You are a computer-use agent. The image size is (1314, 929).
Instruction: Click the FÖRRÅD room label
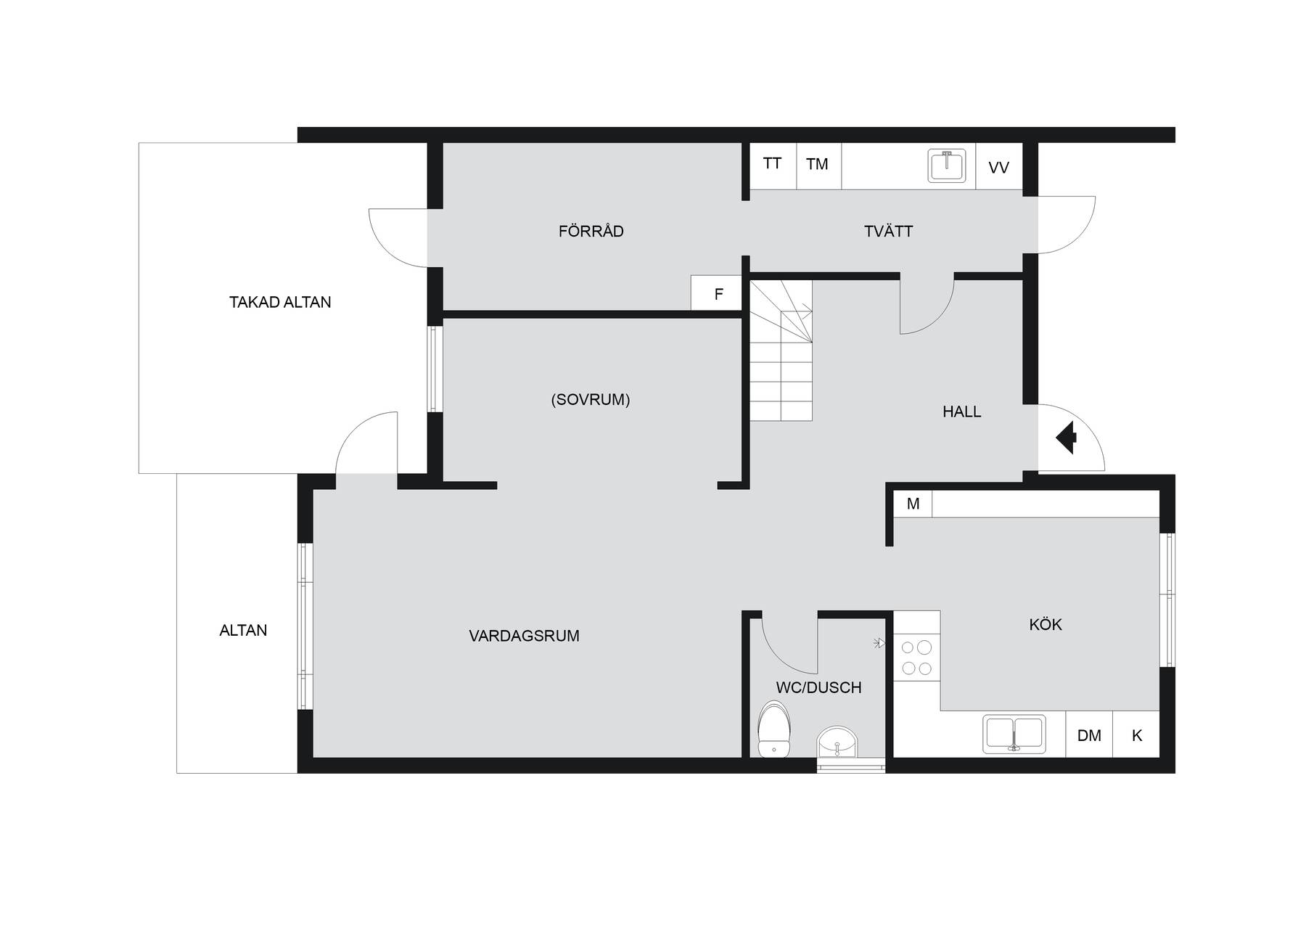[x=591, y=231]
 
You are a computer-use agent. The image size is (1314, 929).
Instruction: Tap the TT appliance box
[x=773, y=166]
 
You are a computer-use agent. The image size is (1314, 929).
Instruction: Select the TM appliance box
[x=818, y=166]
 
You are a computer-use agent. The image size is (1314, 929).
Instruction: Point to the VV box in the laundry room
[x=998, y=167]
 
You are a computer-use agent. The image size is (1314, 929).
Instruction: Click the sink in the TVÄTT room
[x=948, y=165]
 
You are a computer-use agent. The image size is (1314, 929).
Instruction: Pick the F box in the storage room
[x=716, y=293]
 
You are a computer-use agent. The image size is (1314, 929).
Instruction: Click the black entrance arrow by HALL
[x=1066, y=438]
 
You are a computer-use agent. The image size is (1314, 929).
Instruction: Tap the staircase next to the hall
[x=781, y=351]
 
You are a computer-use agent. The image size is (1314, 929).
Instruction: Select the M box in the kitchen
[x=913, y=504]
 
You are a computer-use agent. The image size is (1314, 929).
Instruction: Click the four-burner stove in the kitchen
[x=916, y=658]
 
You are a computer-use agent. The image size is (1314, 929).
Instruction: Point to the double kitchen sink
[x=1014, y=734]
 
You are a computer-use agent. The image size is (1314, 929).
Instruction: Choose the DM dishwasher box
[x=1089, y=735]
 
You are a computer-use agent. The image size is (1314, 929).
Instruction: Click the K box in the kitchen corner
[x=1136, y=735]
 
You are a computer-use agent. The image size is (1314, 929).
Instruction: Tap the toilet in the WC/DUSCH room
[x=774, y=729]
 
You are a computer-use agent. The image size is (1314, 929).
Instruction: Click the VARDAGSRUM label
[x=524, y=636]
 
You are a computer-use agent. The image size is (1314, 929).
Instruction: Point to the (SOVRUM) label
[x=591, y=399]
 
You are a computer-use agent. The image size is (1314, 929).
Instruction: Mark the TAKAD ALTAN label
[x=280, y=302]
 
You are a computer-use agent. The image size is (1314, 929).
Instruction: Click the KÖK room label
[x=1046, y=624]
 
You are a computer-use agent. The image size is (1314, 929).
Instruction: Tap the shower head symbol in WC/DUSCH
[x=880, y=642]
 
